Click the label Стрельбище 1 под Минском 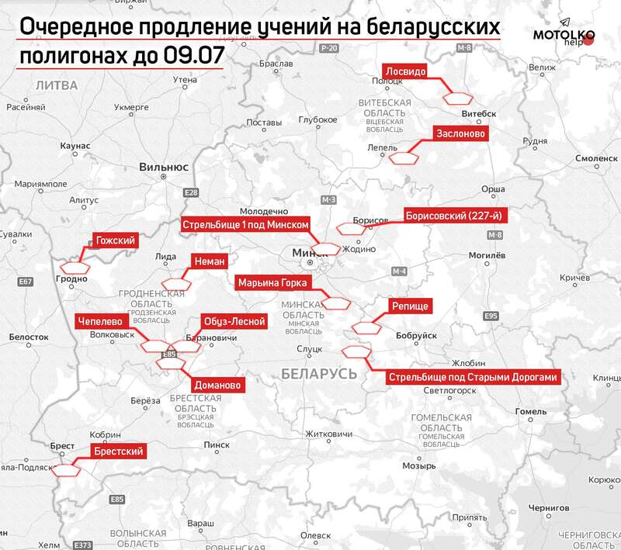click(247, 224)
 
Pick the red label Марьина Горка click(273, 282)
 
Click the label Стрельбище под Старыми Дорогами click(473, 378)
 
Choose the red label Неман click(209, 261)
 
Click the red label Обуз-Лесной click(234, 320)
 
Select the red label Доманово click(217, 385)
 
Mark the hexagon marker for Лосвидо click(459, 98)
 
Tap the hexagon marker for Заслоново click(404, 158)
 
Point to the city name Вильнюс click(164, 167)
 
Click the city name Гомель click(531, 411)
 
